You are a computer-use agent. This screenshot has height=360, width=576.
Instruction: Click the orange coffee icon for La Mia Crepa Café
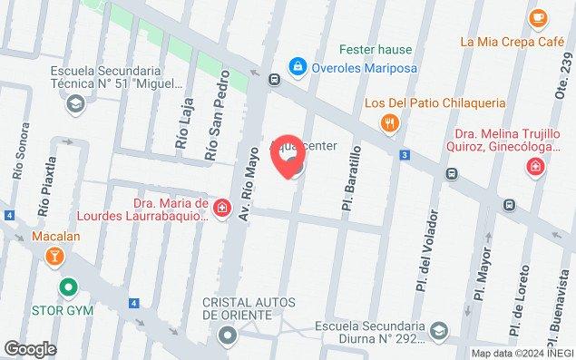[538, 16]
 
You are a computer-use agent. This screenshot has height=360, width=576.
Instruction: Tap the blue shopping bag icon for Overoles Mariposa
[297, 65]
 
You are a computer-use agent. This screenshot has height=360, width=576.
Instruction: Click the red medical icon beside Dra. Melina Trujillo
[537, 167]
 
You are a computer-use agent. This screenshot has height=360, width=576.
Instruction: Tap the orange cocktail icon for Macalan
[54, 257]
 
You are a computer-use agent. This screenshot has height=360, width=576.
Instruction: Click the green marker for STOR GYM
[66, 289]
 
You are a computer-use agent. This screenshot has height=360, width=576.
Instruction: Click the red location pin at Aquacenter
[290, 158]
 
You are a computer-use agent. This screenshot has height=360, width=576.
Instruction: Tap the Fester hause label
[375, 49]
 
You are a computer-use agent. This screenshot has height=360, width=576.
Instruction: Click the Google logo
[30, 348]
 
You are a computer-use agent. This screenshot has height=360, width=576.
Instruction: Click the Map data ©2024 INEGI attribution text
[522, 353]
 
